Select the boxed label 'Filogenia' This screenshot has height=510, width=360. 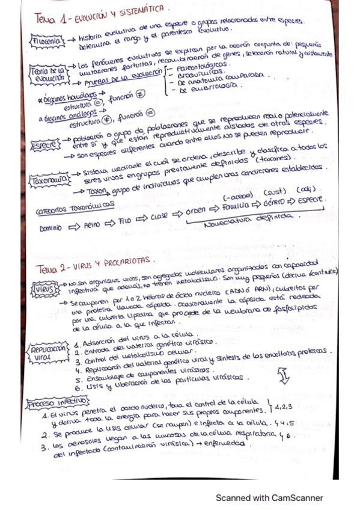click(x=47, y=41)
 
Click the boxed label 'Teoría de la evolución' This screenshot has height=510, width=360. click(x=47, y=74)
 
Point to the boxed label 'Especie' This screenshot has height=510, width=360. click(x=44, y=144)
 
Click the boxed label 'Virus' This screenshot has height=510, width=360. click(x=44, y=287)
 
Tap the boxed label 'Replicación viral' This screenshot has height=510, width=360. click(x=50, y=352)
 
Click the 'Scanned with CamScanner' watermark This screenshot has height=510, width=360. click(x=269, y=498)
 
